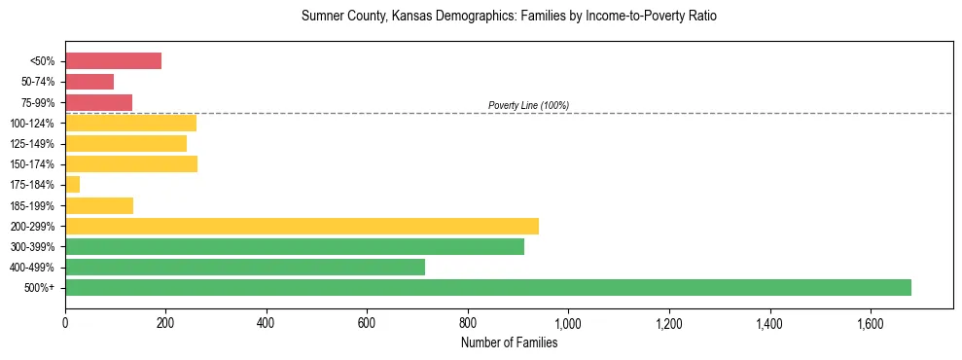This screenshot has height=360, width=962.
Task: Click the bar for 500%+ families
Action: (487, 287)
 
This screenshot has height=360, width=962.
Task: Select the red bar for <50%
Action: (113, 61)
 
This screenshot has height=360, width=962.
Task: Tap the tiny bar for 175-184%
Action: (72, 185)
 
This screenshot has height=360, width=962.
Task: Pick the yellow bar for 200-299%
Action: (302, 226)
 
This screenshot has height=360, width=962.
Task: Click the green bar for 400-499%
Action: (244, 267)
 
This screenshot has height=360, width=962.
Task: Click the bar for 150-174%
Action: (131, 163)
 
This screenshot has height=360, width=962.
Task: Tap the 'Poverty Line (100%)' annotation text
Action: (528, 105)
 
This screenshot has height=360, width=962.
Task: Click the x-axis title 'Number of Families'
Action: (509, 342)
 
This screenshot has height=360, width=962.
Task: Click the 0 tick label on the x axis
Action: (65, 321)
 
